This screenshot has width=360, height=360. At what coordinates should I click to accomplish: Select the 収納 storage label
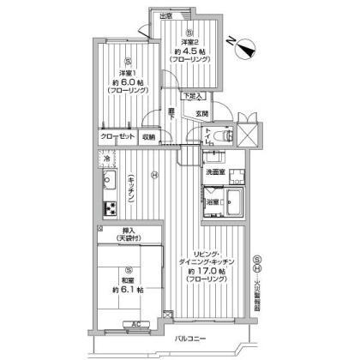[149, 135]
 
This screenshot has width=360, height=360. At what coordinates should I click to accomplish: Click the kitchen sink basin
[109, 180]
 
